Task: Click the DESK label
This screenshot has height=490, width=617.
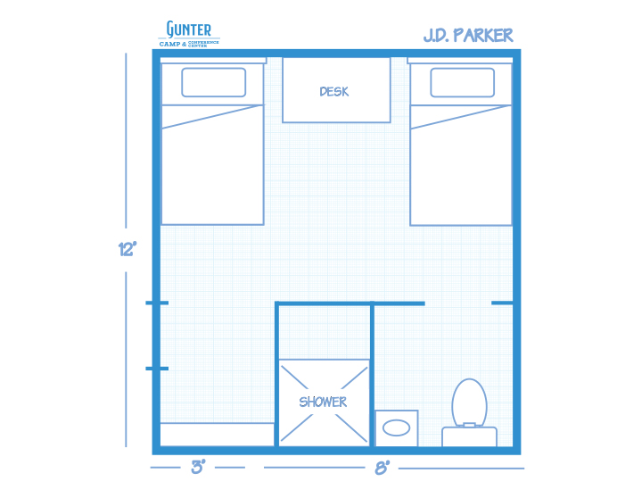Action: (x=334, y=92)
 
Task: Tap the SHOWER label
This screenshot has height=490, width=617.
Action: (x=323, y=402)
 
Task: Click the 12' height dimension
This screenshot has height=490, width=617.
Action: (x=128, y=249)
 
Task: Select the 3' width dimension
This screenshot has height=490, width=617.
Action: (x=198, y=467)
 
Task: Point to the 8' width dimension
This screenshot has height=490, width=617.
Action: (x=382, y=468)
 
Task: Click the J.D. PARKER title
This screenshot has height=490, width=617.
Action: (x=468, y=36)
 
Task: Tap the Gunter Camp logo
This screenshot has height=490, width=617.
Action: (x=189, y=34)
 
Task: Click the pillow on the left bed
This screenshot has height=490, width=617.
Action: (x=214, y=82)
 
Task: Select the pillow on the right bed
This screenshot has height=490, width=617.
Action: (x=463, y=82)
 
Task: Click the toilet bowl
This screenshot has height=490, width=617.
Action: (x=470, y=402)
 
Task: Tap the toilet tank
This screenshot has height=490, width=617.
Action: (x=470, y=436)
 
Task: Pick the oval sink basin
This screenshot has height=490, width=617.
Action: (x=396, y=428)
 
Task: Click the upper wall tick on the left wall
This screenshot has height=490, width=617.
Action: (x=157, y=303)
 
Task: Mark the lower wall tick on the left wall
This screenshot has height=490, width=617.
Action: (x=157, y=369)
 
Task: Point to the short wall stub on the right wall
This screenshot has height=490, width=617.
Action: (x=503, y=303)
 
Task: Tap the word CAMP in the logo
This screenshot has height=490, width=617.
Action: (x=170, y=44)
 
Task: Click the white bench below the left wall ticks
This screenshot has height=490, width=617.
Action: (x=218, y=435)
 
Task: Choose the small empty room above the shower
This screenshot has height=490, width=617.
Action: (x=325, y=332)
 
